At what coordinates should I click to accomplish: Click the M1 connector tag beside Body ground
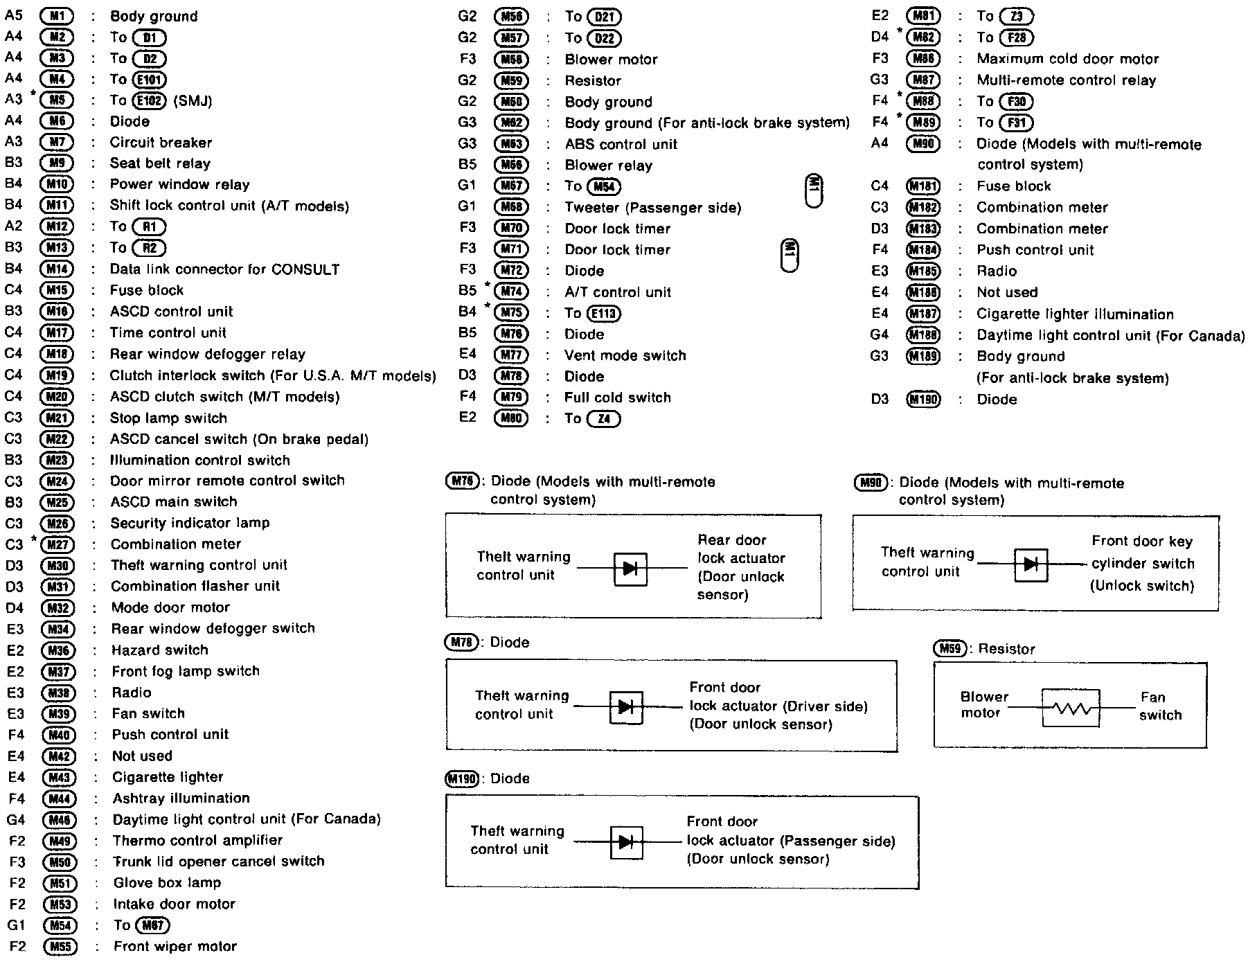point(57,15)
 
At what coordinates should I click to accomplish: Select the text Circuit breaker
point(161,143)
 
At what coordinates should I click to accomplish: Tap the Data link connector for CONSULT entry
point(224,269)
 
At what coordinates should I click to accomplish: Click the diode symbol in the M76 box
point(630,569)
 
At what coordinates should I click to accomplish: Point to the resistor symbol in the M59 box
point(1071,708)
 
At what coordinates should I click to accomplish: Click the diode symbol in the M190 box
point(626,842)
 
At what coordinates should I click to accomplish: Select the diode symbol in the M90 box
point(1031,564)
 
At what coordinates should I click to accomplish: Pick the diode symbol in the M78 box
point(626,707)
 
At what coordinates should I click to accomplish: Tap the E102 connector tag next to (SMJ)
point(150,100)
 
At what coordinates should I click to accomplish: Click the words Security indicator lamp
point(190,523)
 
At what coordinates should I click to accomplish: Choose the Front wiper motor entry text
point(175,947)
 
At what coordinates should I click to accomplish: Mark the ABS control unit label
point(621,145)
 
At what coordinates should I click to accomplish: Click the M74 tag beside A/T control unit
point(511,292)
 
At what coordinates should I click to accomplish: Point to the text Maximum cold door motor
point(1067,59)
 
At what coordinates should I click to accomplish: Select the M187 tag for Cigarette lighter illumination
point(923,314)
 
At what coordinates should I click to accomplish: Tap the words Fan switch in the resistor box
point(1159,706)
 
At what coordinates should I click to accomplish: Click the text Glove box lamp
point(167,883)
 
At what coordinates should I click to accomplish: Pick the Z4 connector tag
point(603,419)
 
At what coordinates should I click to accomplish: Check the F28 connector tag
point(1016,37)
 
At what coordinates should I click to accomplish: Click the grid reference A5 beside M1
point(14,15)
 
